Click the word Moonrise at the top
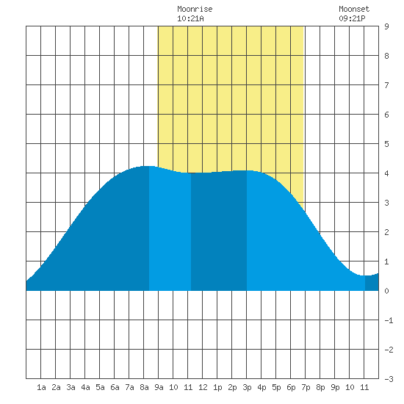point(195,9)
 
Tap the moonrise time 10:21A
point(190,18)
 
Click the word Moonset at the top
point(354,9)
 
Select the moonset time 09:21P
point(352,18)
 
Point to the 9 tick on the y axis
point(386,26)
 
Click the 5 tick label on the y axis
point(386,144)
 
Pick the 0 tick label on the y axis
point(386,291)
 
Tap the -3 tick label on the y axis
point(389,379)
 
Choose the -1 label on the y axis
point(389,320)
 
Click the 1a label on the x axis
point(41,387)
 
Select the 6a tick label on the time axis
point(115,387)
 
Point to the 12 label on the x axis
point(203,387)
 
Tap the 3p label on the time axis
point(247,387)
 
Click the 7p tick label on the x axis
point(306,387)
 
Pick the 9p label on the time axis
point(335,387)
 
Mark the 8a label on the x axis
point(144,387)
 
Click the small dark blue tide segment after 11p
point(372,283)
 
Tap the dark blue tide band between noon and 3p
point(219,231)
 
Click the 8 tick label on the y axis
point(386,56)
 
